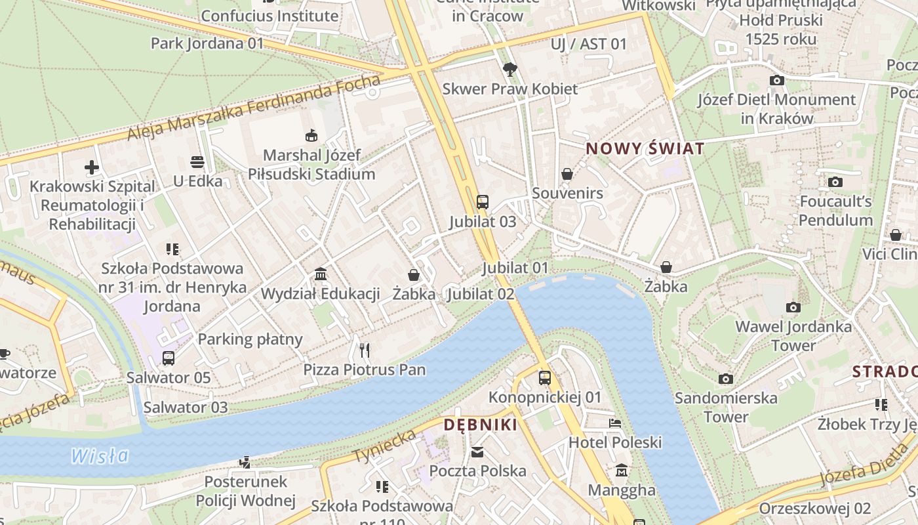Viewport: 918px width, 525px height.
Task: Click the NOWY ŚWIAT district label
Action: pyautogui.click(x=645, y=148)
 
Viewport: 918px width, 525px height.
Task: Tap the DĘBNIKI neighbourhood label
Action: pyautogui.click(x=480, y=425)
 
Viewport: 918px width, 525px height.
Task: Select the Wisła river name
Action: pyautogui.click(x=100, y=455)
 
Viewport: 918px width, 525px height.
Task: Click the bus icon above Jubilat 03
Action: pyautogui.click(x=483, y=201)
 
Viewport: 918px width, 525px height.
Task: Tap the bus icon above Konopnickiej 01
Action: pyautogui.click(x=545, y=377)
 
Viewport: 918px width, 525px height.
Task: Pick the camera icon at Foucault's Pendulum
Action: pyautogui.click(x=835, y=182)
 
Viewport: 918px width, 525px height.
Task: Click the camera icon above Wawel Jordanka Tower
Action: pyautogui.click(x=793, y=307)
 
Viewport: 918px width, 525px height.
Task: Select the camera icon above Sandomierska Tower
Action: pyautogui.click(x=725, y=379)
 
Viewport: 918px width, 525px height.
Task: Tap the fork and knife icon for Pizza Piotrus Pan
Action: pyautogui.click(x=365, y=350)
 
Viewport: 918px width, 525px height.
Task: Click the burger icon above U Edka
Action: pyautogui.click(x=197, y=161)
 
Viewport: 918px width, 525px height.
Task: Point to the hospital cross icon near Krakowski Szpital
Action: pyautogui.click(x=92, y=167)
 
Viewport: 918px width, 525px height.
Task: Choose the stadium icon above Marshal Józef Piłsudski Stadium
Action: pyautogui.click(x=311, y=136)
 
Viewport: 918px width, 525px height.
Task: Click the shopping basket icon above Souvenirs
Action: pyautogui.click(x=567, y=174)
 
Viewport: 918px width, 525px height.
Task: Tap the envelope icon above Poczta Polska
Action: pyautogui.click(x=477, y=451)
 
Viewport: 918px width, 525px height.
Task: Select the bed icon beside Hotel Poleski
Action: pyautogui.click(x=614, y=423)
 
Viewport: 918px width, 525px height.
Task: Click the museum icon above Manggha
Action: pyautogui.click(x=621, y=471)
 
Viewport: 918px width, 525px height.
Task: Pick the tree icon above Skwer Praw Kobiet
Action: pyautogui.click(x=509, y=69)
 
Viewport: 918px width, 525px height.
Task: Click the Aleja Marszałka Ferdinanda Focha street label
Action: pyautogui.click(x=254, y=108)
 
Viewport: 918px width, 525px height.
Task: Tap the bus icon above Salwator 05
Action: pyautogui.click(x=169, y=358)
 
